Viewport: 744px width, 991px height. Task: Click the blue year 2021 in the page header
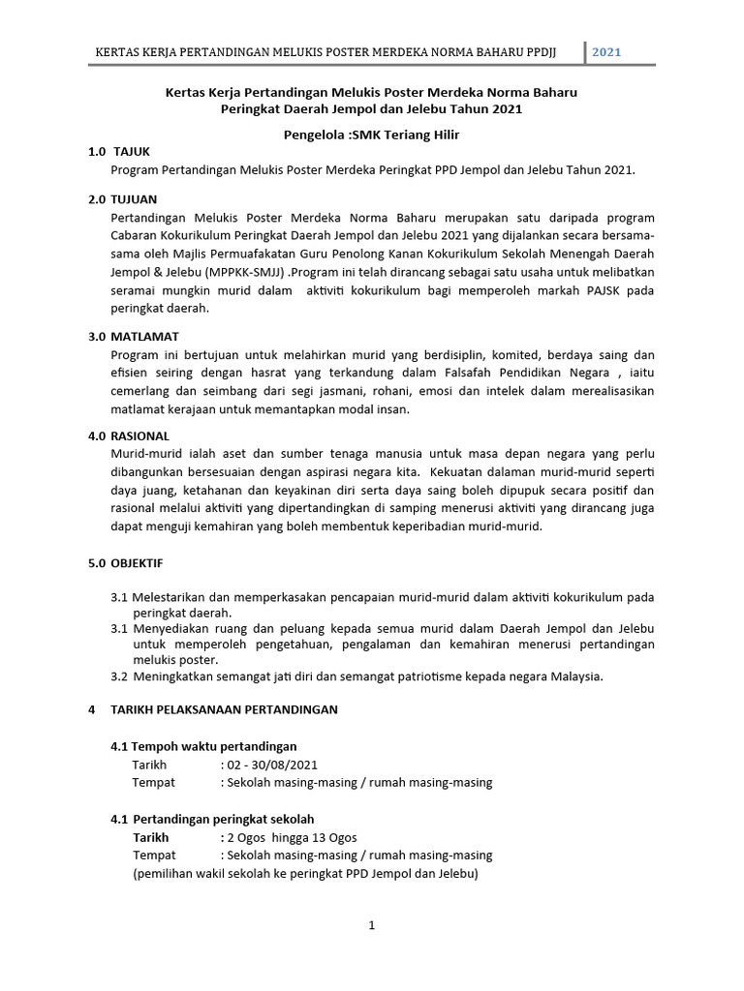click(606, 51)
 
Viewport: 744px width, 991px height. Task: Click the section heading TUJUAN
click(134, 198)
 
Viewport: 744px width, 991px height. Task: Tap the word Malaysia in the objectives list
click(574, 676)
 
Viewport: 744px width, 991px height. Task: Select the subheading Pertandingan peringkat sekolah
click(223, 819)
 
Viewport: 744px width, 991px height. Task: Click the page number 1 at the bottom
click(371, 925)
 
